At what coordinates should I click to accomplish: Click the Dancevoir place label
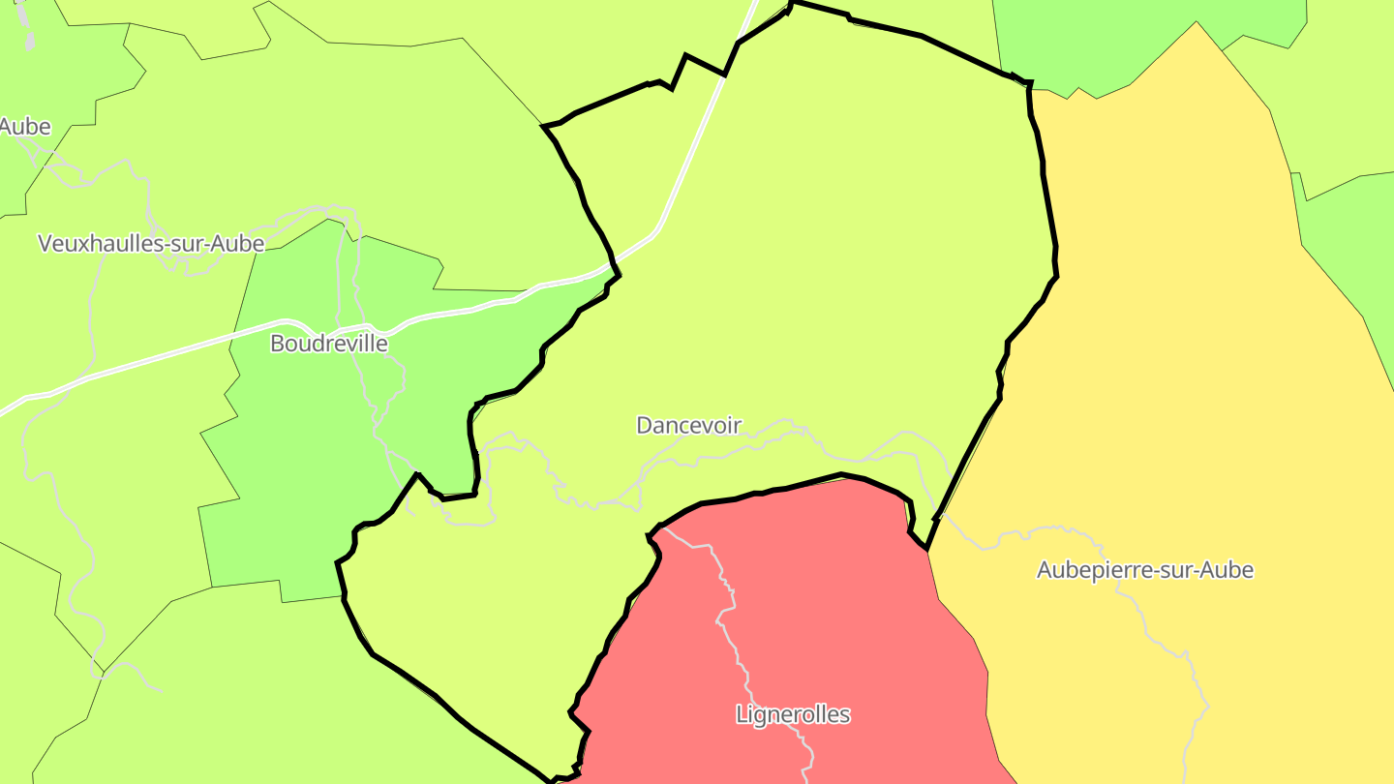click(688, 425)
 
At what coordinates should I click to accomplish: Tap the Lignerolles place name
click(793, 715)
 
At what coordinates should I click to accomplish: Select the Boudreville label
click(329, 344)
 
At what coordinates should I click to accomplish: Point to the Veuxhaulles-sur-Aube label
click(151, 243)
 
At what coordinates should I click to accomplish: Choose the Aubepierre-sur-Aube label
click(1145, 570)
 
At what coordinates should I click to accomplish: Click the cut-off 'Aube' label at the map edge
click(24, 127)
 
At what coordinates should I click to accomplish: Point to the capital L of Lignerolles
click(742, 715)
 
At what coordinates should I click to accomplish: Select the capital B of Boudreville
click(277, 344)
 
